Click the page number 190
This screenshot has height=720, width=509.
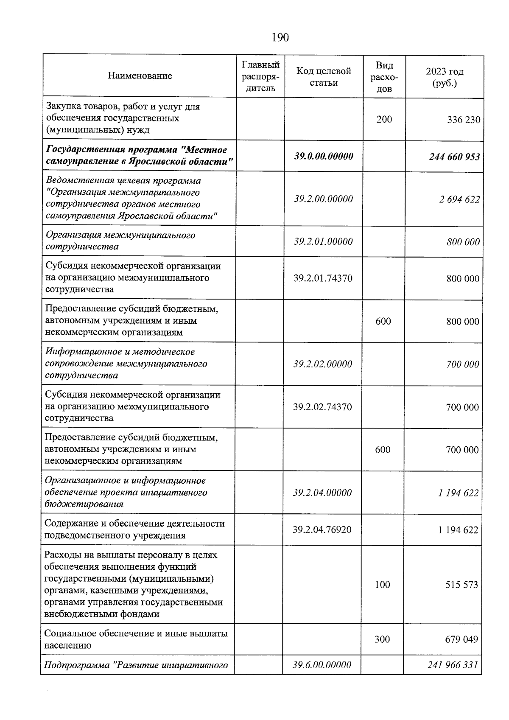click(280, 38)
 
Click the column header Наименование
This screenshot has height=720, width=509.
click(140, 76)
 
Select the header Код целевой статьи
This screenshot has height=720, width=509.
click(323, 77)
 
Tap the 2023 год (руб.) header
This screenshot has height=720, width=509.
click(445, 77)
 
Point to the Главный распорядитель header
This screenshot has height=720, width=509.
click(260, 76)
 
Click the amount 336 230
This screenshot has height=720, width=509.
click(464, 120)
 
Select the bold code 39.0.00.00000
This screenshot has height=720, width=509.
click(324, 156)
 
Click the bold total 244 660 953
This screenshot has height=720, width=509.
click(454, 157)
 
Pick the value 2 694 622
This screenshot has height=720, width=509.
click(459, 199)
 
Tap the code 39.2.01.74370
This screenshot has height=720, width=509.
click(323, 278)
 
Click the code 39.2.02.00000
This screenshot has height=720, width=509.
click(322, 364)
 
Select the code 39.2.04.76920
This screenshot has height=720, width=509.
click(322, 529)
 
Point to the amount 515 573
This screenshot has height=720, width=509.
click(461, 585)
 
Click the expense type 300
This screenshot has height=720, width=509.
click(382, 639)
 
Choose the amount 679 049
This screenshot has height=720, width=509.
click(461, 639)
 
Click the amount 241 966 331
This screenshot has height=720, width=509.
click(453, 665)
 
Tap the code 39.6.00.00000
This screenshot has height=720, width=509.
click(322, 665)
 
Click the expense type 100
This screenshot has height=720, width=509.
click(382, 585)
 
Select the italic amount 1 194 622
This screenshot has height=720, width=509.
click(459, 493)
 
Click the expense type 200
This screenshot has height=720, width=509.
click(384, 119)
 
